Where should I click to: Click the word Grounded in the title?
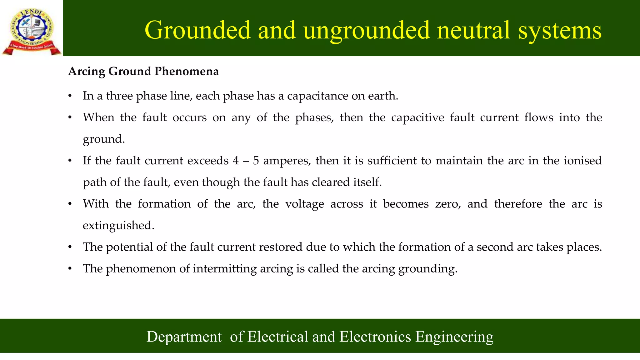pyautogui.click(x=198, y=30)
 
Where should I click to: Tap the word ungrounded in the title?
pyautogui.click(x=367, y=30)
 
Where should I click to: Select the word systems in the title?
pyautogui.click(x=560, y=30)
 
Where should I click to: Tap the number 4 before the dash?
pyautogui.click(x=236, y=161)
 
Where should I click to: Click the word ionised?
pyautogui.click(x=583, y=161)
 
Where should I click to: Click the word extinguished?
pyautogui.click(x=118, y=226)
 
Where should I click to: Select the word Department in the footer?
pyautogui.click(x=184, y=337)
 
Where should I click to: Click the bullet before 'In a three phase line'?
pyautogui.click(x=70, y=96)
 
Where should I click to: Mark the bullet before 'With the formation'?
pyautogui.click(x=70, y=204)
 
